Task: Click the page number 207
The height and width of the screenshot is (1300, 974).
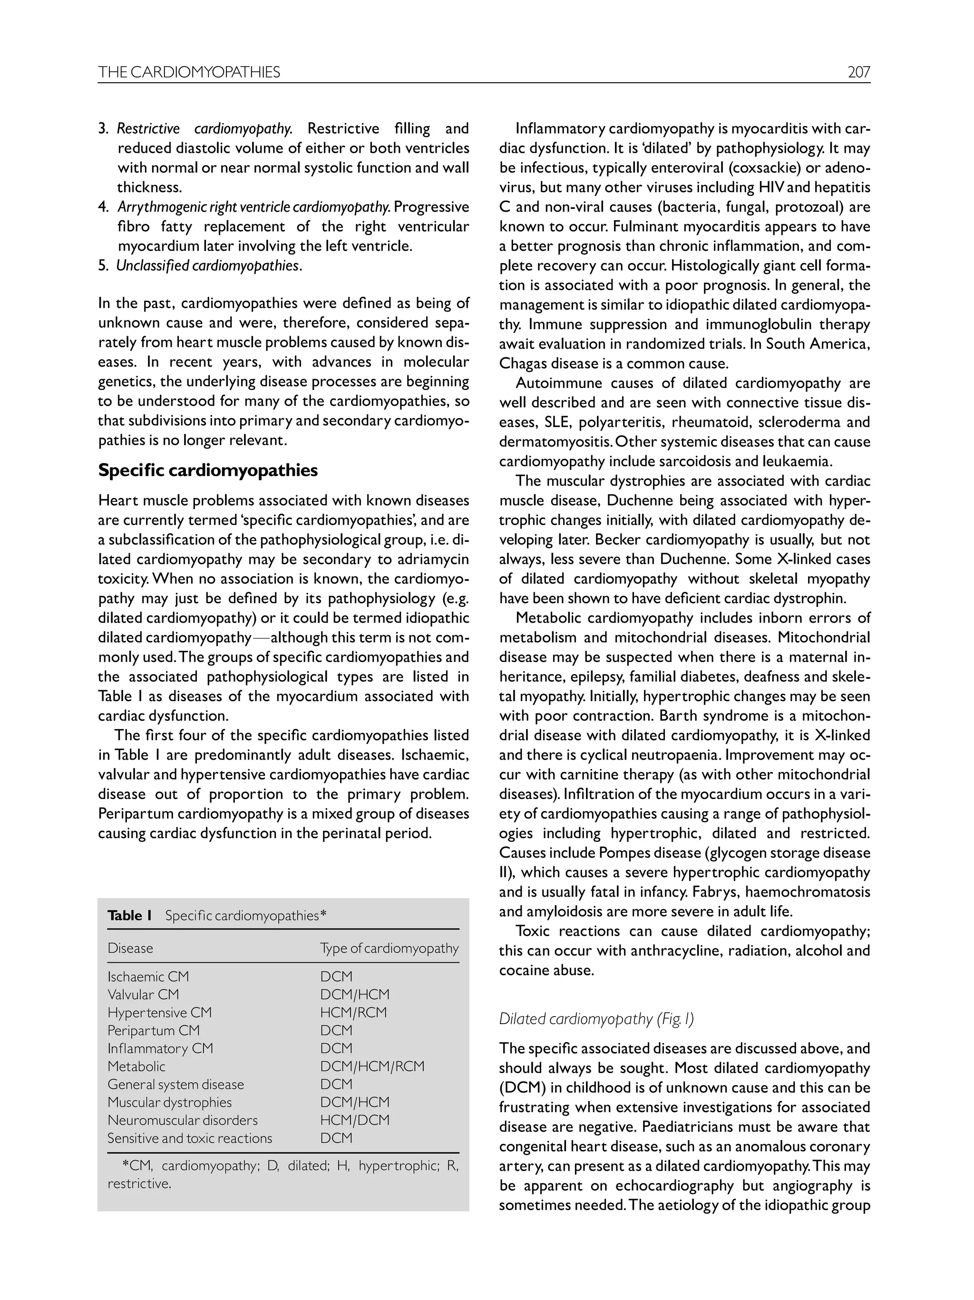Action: [x=858, y=72]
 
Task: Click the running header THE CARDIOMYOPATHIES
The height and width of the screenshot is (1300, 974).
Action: [x=189, y=72]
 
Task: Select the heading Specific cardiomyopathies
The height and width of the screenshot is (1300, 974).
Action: [x=208, y=470]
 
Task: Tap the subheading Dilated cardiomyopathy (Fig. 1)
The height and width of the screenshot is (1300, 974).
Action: [x=596, y=1018]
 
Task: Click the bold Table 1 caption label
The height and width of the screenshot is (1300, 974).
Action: [x=130, y=915]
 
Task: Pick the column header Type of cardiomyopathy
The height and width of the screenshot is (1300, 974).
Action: [x=389, y=948]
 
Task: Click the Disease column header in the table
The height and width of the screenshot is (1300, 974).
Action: [x=130, y=948]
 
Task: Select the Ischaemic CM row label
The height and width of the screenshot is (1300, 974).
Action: [x=148, y=976]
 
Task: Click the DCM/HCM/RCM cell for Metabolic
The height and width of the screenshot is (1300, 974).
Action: [x=372, y=1066]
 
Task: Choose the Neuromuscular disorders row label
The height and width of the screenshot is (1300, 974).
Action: [x=182, y=1120]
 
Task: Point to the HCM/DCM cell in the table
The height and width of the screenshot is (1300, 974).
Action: [x=354, y=1120]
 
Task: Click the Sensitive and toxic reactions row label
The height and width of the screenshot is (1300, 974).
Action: [x=190, y=1138]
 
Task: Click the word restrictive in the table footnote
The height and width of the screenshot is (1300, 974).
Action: [x=139, y=1183]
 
